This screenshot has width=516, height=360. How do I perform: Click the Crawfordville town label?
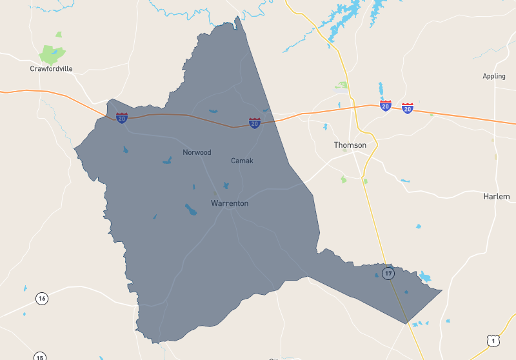coord(51,68)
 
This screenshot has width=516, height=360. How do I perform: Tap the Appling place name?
coord(494,76)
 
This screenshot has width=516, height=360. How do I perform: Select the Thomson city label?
coord(350,145)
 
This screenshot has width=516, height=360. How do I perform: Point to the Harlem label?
coord(496,196)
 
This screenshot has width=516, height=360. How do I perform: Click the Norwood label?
coord(197,152)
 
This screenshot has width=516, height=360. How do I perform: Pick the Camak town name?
coord(242,161)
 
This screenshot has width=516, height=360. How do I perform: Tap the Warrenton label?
coord(230,203)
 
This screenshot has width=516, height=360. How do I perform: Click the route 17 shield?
coord(388,274)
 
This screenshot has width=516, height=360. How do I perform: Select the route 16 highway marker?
coord(42,298)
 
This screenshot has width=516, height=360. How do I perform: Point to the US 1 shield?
coord(492,340)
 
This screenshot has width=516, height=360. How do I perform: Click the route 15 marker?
coord(39,357)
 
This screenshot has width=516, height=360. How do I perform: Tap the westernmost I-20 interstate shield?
coord(122,118)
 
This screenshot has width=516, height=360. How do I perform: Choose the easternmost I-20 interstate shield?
coord(408,108)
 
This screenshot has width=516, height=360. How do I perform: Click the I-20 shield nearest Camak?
coord(255,123)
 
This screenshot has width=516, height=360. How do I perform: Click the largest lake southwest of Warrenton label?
coord(192,210)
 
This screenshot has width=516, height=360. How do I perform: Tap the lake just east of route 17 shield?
coord(424,277)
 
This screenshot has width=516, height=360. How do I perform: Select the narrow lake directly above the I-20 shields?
coord(381,90)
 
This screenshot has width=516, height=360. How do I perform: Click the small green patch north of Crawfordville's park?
coord(59,34)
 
